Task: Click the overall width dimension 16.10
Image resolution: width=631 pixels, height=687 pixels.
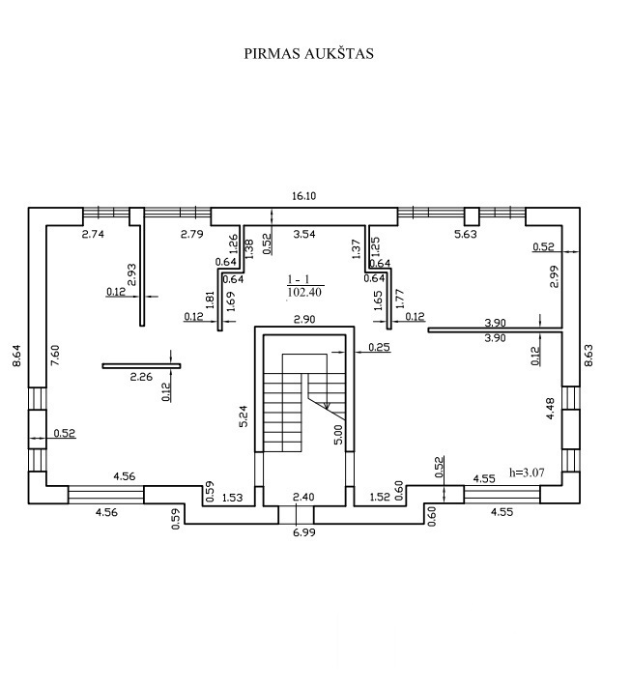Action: pos(303,195)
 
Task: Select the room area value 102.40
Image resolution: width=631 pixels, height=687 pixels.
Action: pos(303,290)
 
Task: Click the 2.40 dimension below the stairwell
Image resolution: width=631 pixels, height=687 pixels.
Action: pos(303,498)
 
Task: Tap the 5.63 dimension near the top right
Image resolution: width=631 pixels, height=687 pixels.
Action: pos(467,234)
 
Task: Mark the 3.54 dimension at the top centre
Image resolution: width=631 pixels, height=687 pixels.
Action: pos(303,234)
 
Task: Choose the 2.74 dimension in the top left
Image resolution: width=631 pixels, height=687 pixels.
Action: pos(93,234)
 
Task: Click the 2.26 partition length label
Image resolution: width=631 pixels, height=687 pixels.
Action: pos(141,379)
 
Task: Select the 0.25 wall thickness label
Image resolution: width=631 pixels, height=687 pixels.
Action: pos(378,346)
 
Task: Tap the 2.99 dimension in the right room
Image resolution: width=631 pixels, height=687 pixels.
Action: pos(554,277)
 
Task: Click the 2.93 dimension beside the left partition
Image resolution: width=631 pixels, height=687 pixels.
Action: pos(131,274)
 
